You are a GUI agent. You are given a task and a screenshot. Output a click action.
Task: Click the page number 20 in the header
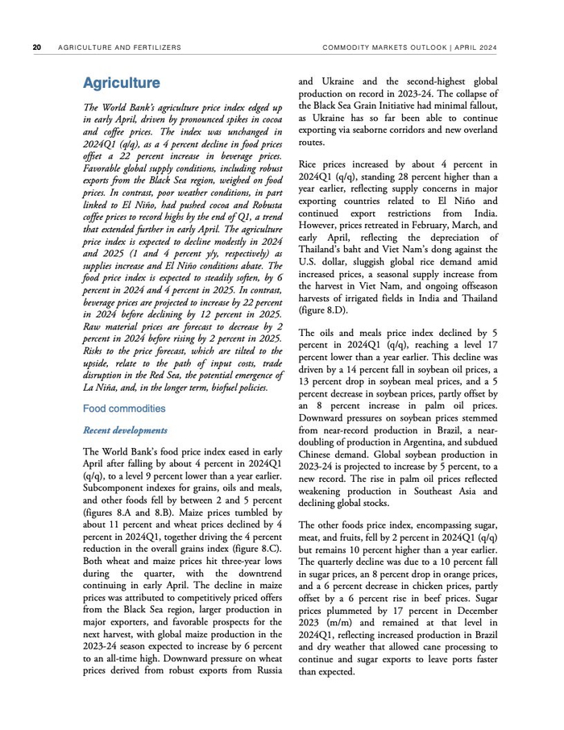36,47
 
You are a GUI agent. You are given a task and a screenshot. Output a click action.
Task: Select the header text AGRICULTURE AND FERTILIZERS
119,47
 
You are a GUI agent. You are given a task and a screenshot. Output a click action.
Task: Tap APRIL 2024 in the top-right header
473,47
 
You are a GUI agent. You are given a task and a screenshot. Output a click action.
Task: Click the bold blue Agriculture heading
121,83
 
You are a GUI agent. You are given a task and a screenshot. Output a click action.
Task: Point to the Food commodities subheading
124,409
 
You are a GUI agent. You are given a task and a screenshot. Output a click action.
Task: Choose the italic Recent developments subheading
125,430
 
